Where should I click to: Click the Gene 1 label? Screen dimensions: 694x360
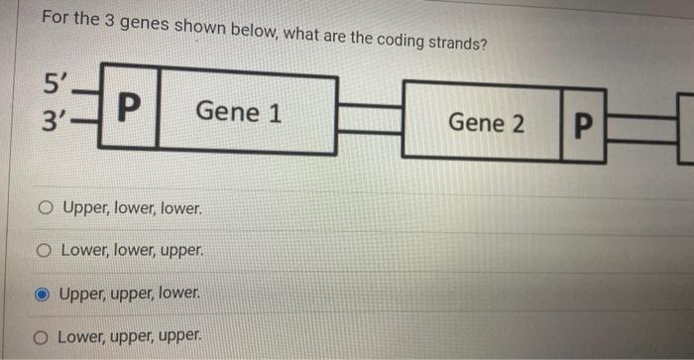[238, 112]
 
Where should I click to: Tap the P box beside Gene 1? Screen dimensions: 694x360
[129, 106]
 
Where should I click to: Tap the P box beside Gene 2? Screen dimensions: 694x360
[583, 127]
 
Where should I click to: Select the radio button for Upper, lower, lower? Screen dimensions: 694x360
[46, 210]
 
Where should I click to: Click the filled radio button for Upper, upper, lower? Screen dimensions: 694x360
[43, 295]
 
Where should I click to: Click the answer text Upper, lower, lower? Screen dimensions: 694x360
[132, 210]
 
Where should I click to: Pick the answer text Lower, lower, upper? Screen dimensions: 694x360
[131, 252]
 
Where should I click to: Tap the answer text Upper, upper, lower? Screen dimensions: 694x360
[130, 295]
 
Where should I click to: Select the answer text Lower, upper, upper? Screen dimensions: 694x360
[130, 337]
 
